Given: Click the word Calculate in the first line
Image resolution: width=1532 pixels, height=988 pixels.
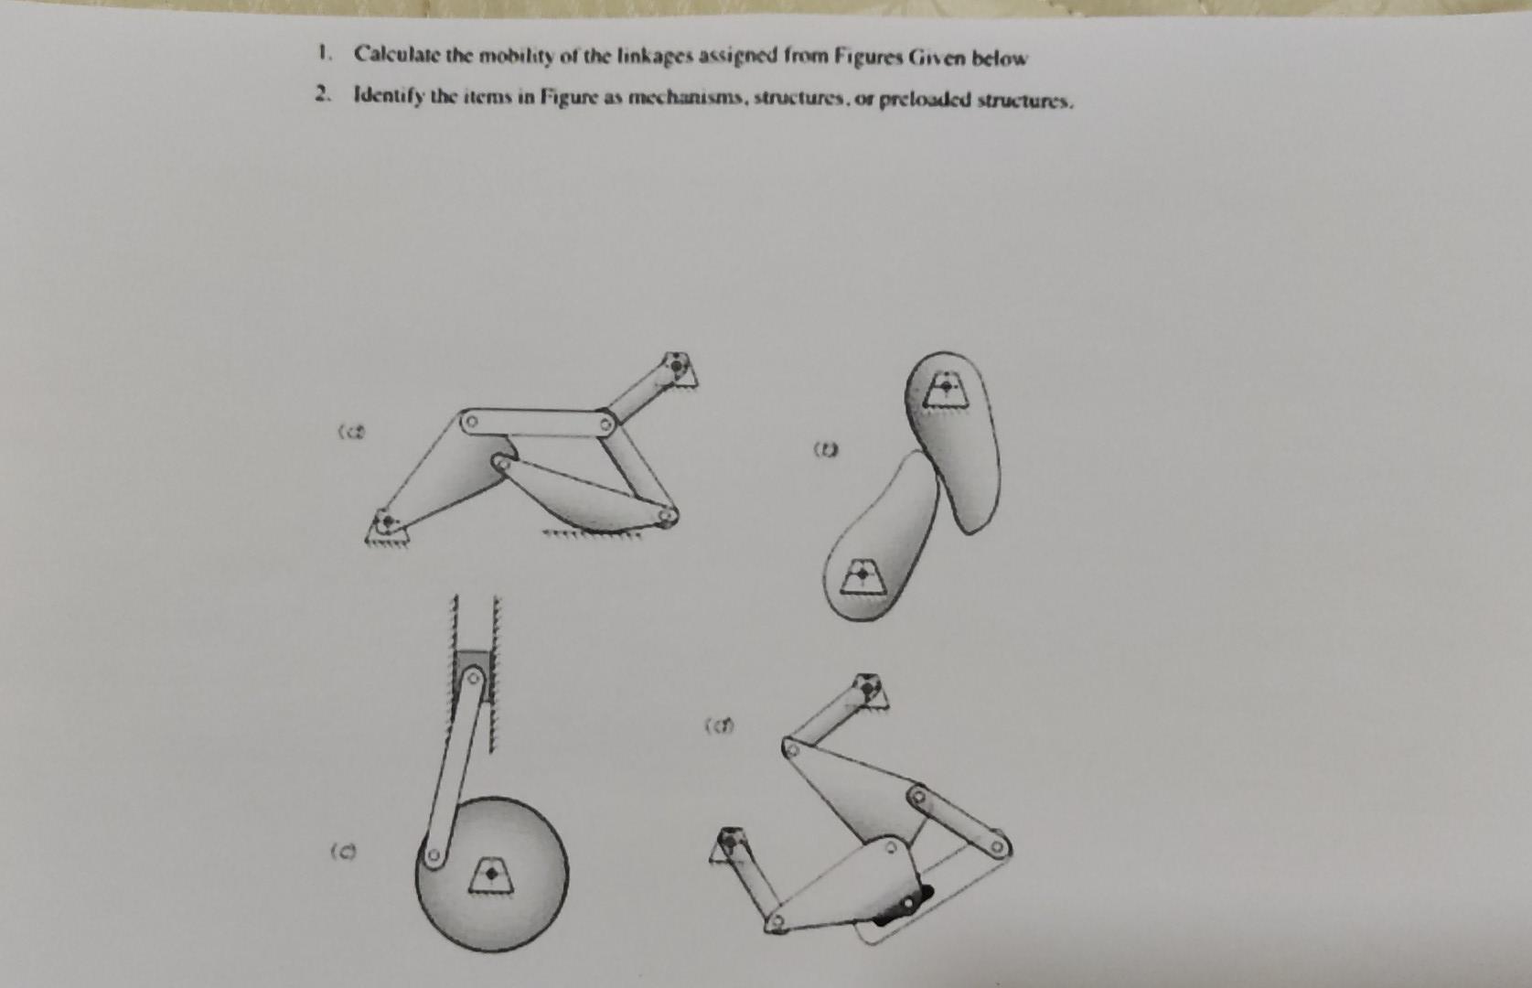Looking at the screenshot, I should (x=396, y=55).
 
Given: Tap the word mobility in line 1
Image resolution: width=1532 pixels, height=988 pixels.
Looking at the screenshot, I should (x=517, y=56).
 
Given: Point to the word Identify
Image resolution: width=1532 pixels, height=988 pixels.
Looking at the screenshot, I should (x=388, y=95).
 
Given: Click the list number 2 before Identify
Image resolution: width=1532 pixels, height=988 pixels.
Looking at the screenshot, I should (x=321, y=93).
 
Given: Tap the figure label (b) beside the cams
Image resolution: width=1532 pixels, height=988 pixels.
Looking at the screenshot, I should (x=826, y=449).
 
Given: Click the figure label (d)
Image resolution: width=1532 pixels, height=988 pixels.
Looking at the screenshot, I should (x=719, y=727).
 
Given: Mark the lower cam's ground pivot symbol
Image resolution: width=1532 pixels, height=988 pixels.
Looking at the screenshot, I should (x=861, y=575).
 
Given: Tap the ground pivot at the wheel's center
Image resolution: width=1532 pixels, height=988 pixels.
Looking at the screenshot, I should (x=492, y=874).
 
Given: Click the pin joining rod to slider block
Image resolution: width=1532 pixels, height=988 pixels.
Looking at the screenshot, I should (x=473, y=678).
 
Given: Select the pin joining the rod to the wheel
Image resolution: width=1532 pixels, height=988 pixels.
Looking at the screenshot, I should (x=434, y=857).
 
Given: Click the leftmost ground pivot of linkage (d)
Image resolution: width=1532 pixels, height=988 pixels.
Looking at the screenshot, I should (x=728, y=841).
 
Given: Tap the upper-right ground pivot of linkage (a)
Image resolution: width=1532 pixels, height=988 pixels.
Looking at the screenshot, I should (x=677, y=366).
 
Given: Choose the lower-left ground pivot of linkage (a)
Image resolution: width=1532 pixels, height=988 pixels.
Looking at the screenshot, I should (x=387, y=523).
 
